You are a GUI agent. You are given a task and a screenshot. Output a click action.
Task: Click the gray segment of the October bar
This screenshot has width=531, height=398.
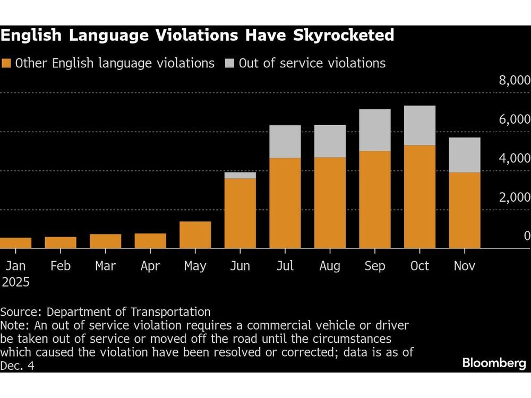tap(419, 125)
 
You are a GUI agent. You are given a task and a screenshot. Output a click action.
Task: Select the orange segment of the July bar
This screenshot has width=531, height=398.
tap(285, 203)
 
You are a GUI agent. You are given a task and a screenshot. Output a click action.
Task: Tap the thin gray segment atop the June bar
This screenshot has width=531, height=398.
tap(240, 175)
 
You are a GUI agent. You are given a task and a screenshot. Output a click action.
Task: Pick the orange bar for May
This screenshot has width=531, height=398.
tap(195, 235)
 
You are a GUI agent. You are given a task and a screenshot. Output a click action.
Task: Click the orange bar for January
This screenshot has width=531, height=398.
tap(15, 243)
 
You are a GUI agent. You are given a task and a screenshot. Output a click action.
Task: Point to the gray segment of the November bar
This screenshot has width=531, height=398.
tap(465, 154)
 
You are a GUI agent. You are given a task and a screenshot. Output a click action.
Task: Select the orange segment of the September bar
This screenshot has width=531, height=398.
tap(375, 200)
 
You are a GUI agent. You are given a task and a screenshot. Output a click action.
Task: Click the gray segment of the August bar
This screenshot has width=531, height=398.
tap(330, 141)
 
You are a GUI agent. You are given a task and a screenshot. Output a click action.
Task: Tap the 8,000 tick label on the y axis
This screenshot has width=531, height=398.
tap(513, 81)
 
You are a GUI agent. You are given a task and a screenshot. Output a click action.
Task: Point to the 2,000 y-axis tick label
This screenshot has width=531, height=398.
tap(513, 197)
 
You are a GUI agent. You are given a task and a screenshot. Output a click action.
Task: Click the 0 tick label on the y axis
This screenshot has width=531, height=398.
tap(526, 236)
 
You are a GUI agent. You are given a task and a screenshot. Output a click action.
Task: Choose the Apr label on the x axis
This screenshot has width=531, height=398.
tap(150, 266)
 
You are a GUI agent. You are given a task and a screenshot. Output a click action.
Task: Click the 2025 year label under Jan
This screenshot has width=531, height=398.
tap(15, 282)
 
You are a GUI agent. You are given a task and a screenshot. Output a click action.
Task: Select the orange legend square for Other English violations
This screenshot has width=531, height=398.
tap(6, 64)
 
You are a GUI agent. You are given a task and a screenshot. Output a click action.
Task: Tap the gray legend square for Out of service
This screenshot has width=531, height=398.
tap(229, 64)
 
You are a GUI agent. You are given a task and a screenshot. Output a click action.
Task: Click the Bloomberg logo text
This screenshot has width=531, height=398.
tap(494, 363)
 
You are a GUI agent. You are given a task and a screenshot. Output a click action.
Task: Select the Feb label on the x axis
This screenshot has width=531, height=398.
tap(60, 266)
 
